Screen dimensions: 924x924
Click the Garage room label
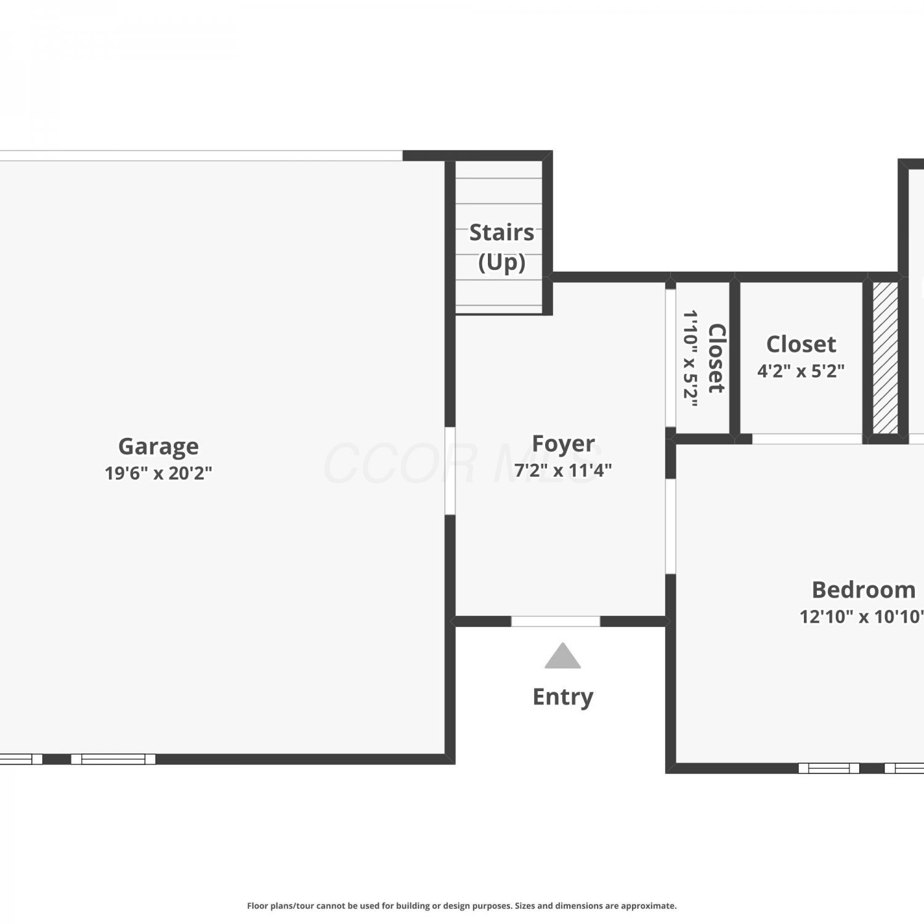158,446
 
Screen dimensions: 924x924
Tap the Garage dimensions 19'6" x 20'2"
158,473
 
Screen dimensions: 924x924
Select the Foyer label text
563,444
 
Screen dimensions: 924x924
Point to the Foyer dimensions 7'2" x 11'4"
563,470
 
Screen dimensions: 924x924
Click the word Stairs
501,232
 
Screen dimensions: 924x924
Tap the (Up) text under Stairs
501,262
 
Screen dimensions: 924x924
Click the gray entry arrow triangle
562,656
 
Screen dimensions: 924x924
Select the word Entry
563,697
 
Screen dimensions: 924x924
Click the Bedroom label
864,590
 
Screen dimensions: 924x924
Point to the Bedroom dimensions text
862,617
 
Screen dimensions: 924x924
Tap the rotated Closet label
716,359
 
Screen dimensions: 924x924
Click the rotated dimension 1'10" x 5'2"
690,359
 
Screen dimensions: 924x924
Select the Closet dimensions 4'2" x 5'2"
801,371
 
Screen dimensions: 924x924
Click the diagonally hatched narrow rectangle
885,357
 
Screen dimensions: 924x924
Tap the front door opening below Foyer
556,622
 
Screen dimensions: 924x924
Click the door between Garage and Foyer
450,471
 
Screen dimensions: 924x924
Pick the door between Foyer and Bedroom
670,527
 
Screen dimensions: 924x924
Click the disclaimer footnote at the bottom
462,906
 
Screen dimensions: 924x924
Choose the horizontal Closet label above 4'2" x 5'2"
801,344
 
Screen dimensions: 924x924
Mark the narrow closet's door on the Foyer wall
670,358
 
